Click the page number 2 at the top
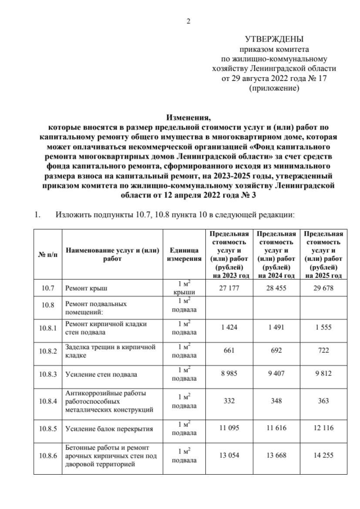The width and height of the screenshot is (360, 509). [x=189, y=21]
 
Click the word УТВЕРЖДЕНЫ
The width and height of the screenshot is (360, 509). [x=274, y=39]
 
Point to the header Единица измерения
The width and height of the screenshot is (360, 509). [x=184, y=254]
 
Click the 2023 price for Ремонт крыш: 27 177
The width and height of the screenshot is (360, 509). [x=228, y=288]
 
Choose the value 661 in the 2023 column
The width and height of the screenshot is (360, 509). [x=228, y=350]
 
